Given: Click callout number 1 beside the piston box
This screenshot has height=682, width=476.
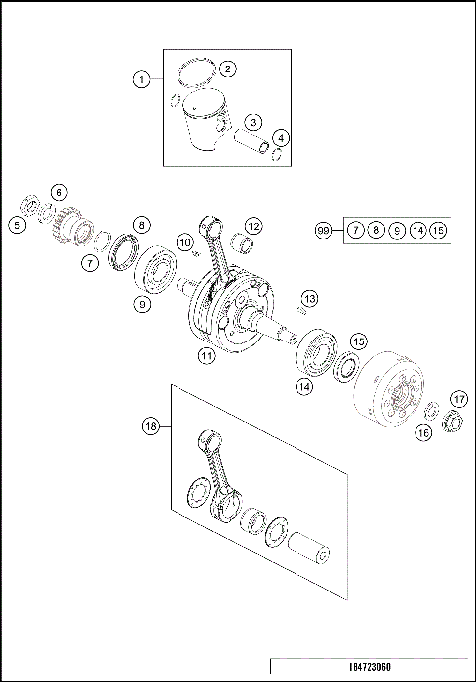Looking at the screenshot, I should [x=142, y=79].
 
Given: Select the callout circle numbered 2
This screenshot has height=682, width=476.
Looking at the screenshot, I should [x=227, y=68].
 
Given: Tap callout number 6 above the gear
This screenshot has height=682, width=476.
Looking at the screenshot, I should [x=59, y=191].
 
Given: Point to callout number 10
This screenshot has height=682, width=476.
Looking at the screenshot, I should [x=184, y=242].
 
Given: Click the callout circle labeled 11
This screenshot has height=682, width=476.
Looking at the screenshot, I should [x=206, y=354].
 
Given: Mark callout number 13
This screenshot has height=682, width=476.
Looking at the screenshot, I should [x=310, y=298].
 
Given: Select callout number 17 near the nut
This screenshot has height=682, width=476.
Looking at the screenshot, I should [x=457, y=398].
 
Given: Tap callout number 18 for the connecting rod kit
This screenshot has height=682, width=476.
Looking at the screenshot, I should [x=151, y=426].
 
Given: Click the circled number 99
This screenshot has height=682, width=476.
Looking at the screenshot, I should [x=323, y=230].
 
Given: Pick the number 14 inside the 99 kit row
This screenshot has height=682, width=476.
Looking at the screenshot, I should [x=418, y=230].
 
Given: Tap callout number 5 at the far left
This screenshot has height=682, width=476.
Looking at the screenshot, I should [x=17, y=225].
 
